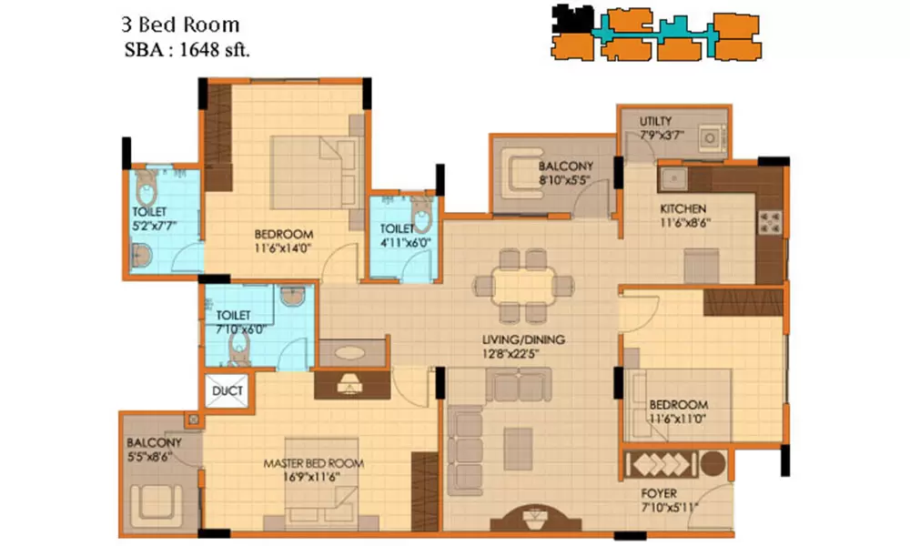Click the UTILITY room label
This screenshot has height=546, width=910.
point(656,121)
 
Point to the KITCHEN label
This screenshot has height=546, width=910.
point(683,208)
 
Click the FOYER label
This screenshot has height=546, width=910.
point(658,494)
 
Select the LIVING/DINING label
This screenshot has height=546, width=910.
point(523,339)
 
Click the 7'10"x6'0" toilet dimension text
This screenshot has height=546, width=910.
point(240,329)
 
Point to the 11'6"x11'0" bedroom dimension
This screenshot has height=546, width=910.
point(678,419)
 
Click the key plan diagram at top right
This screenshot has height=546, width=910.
point(656,35)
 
